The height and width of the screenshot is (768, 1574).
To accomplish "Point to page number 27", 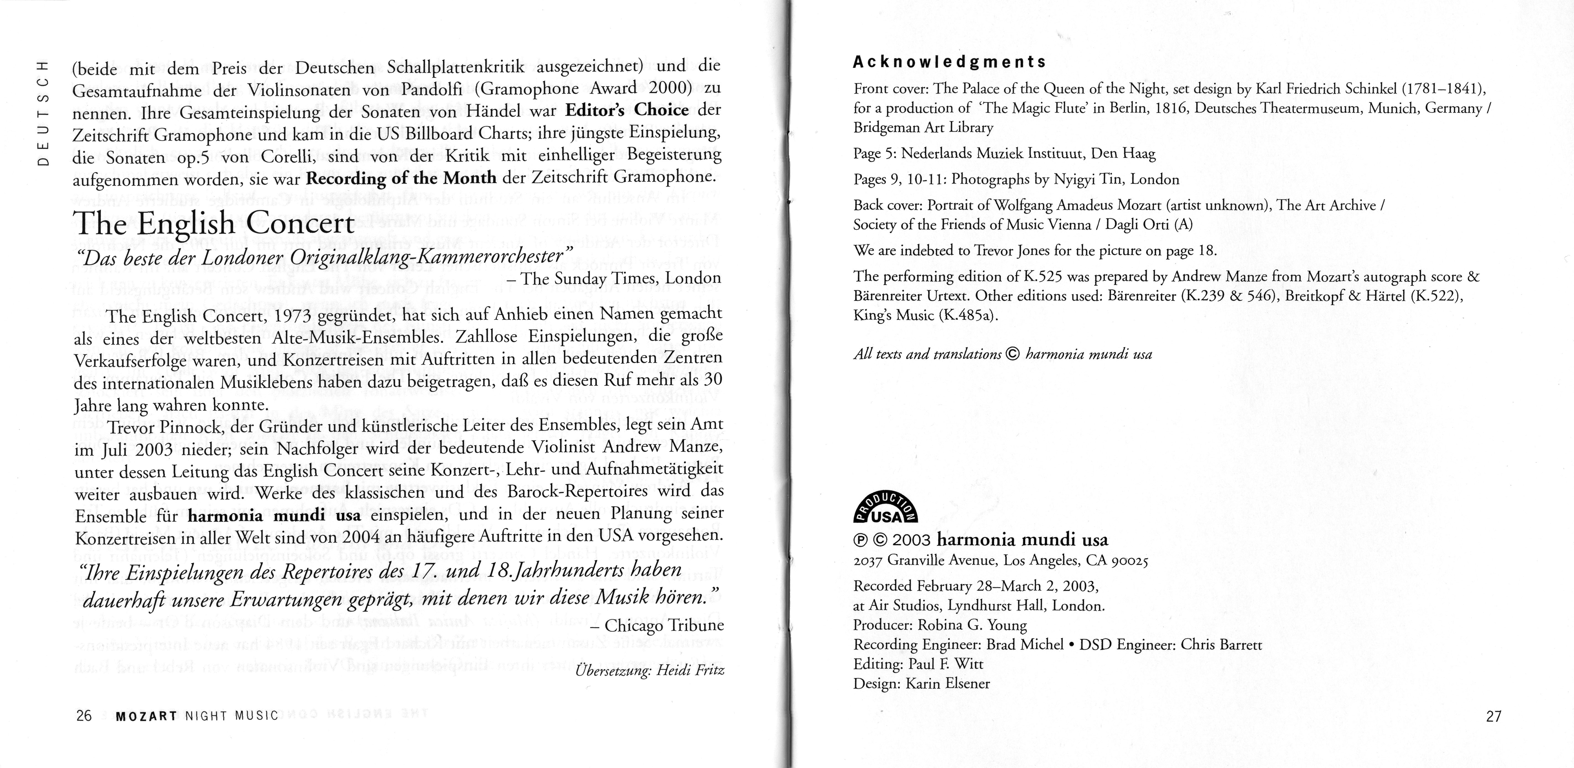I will tap(1493, 716).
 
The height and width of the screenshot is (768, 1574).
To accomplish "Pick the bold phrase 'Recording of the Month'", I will tap(401, 178).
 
